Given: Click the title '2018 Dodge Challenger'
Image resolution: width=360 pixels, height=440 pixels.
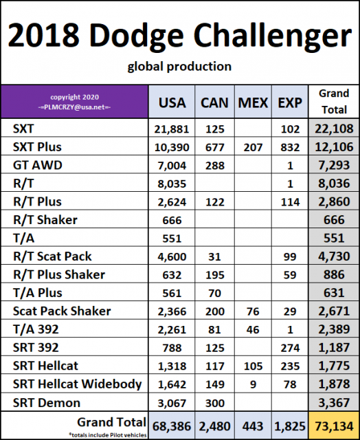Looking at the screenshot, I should pyautogui.click(x=179, y=34).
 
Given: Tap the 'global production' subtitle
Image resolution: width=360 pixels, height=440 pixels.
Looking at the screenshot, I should pyautogui.click(x=179, y=67).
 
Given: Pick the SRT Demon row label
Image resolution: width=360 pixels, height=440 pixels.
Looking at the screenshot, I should pyautogui.click(x=46, y=403).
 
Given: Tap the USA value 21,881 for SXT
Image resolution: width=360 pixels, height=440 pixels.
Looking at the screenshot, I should pyautogui.click(x=172, y=129).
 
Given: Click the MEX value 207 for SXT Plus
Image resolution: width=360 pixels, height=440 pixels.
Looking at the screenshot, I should pyautogui.click(x=254, y=147).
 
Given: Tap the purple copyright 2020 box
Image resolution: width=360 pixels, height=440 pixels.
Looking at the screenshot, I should pyautogui.click(x=74, y=102).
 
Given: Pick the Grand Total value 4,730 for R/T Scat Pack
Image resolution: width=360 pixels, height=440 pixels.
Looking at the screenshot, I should pyautogui.click(x=335, y=256).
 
